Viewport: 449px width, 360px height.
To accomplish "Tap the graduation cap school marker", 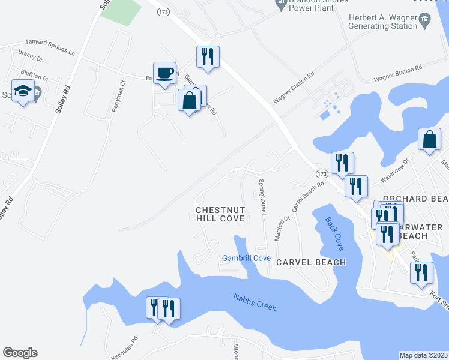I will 23,92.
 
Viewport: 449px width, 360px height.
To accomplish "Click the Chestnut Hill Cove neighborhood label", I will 220,214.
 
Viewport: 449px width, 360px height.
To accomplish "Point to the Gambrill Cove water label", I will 246,258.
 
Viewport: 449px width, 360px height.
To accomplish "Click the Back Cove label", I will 334,234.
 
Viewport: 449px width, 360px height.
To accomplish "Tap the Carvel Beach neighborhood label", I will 310,262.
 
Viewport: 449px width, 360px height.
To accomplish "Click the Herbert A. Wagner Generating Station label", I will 384,22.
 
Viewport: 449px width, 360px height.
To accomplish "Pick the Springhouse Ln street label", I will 262,199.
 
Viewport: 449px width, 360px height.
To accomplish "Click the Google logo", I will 20,353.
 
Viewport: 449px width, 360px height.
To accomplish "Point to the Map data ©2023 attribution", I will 424,355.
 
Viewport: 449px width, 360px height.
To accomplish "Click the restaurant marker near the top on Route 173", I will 208,58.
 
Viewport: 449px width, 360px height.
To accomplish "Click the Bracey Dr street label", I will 31,59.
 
